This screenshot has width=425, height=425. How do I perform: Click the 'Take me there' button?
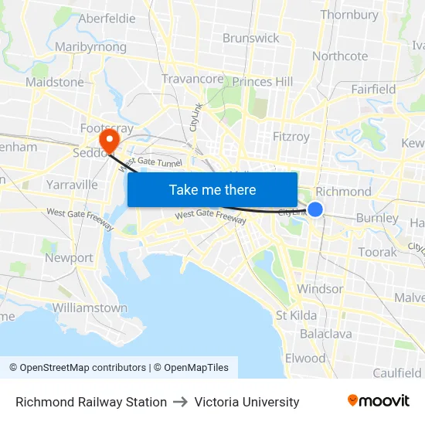212,189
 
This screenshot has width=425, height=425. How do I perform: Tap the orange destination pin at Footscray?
109,139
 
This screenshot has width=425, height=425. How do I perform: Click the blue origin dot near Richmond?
315,209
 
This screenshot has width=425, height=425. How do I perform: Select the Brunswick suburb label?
251,38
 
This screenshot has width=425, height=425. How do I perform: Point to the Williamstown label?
90,308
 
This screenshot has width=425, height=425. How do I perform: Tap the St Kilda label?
296,315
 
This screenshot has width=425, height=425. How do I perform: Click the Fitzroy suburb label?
291,137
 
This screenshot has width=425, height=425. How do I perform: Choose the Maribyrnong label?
91,47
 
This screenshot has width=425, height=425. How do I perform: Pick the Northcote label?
340,56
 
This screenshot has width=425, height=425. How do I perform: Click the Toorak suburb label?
377,252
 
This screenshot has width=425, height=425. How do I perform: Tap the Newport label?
69,258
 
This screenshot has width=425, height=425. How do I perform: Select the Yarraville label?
72,185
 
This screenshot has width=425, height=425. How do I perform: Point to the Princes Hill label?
263,81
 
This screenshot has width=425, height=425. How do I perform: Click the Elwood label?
305,359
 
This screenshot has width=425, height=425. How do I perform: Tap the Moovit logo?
379,401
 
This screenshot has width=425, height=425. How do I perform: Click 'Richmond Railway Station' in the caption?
91,402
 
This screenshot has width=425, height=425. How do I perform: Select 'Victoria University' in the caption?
246,402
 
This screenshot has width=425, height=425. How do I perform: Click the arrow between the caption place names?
181,402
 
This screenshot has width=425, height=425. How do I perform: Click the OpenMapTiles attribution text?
191,368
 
